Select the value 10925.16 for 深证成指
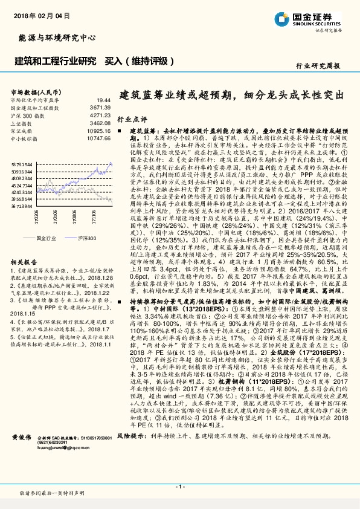(98, 130)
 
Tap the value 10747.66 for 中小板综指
(98, 138)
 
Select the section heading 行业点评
(131, 120)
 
